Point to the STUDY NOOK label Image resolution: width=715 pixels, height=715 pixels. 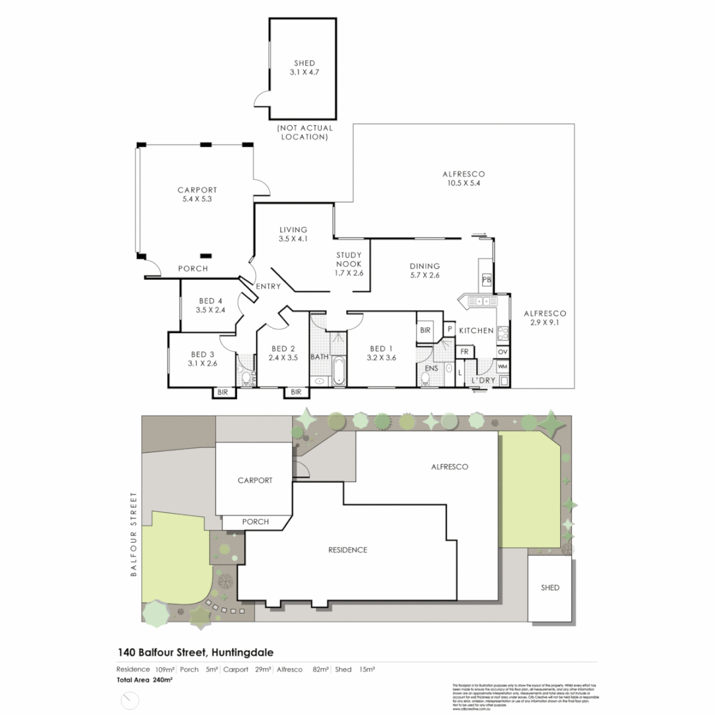tap(349, 263)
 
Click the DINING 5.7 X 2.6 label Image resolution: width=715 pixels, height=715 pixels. tap(424, 271)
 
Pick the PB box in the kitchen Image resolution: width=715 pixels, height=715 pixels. tap(487, 279)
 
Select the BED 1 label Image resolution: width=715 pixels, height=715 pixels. tap(381, 353)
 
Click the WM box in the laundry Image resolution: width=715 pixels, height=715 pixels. tap(502, 365)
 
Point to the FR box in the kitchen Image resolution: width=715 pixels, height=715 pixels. tap(465, 352)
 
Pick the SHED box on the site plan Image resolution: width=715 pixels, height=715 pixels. tap(549, 588)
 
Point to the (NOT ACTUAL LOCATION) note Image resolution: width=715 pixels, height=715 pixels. tap(305, 132)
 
